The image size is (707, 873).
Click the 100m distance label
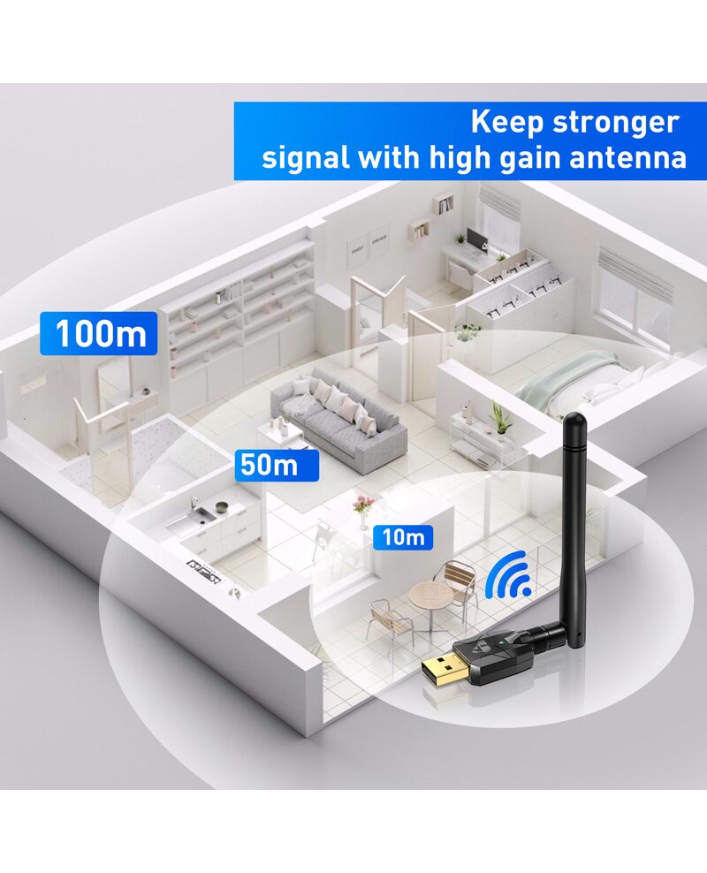[x=98, y=333]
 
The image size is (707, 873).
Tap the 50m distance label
[x=277, y=466]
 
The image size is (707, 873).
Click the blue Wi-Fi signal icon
[x=507, y=574]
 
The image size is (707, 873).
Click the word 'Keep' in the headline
[x=505, y=123]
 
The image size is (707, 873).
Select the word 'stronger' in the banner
[x=615, y=123]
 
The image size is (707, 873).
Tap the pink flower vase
[x=362, y=511]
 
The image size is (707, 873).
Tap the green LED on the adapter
[x=501, y=643]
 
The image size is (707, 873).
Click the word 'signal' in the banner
[x=306, y=159]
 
